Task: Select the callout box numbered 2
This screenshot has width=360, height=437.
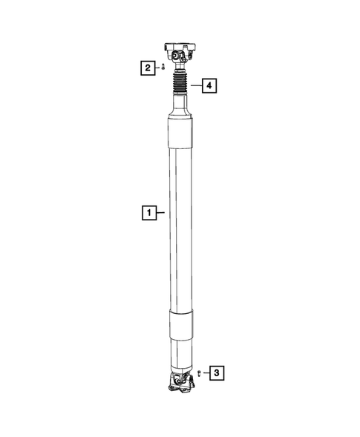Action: click(x=149, y=68)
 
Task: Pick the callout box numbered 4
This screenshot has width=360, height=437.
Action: click(x=209, y=87)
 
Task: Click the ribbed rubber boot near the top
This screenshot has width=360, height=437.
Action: click(x=180, y=85)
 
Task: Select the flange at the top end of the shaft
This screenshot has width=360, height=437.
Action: click(x=181, y=47)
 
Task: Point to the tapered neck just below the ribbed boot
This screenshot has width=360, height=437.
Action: click(x=180, y=111)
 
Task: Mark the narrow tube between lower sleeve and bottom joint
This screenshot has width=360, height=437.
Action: click(x=180, y=355)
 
